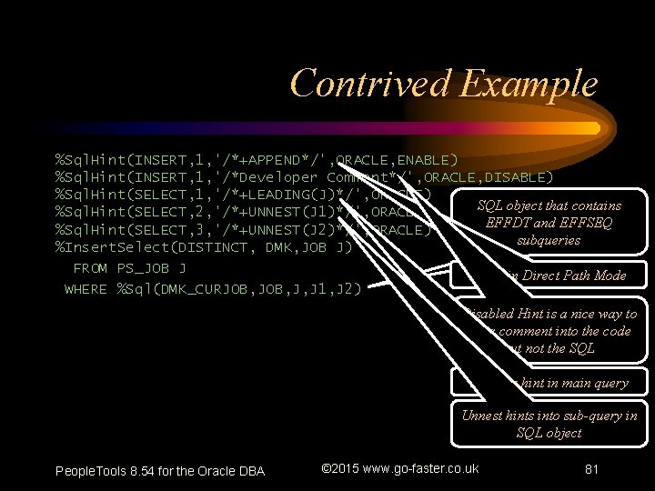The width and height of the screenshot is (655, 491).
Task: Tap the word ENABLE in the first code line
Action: [x=427, y=159]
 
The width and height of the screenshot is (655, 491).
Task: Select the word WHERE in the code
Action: [x=86, y=289]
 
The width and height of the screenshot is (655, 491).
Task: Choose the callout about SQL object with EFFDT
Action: [x=549, y=223]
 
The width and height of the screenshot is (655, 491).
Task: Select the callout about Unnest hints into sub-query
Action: [x=549, y=425]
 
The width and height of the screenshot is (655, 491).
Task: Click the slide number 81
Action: [x=592, y=470]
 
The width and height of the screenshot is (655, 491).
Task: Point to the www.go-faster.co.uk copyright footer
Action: [x=400, y=469]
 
